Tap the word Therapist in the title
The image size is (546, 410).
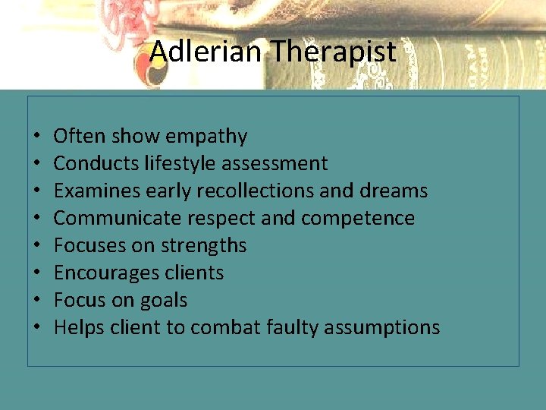click(x=333, y=52)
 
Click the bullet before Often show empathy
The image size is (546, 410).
click(x=37, y=137)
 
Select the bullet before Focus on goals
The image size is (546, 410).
click(x=37, y=301)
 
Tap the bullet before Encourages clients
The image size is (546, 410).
click(x=37, y=273)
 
